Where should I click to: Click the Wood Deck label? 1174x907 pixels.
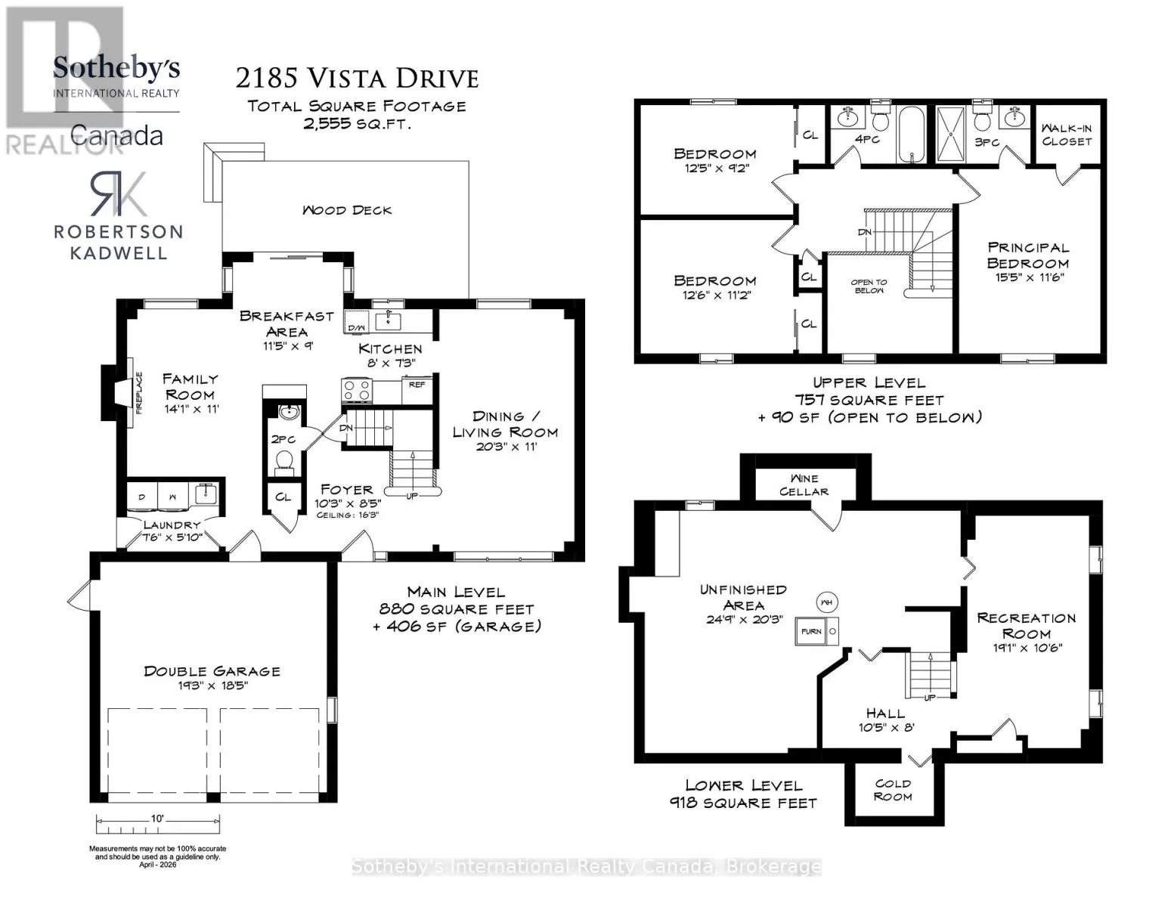[x=346, y=210]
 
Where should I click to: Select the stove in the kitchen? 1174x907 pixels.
[x=357, y=390]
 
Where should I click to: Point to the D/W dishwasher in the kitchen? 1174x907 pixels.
[x=356, y=322]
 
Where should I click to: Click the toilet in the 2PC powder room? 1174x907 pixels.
[x=284, y=463]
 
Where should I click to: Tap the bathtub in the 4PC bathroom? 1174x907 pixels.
[x=911, y=134]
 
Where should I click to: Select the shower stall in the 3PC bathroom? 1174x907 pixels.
[x=950, y=134]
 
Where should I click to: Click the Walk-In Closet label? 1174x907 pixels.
[x=1067, y=135]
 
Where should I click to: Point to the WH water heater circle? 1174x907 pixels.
[x=826, y=602]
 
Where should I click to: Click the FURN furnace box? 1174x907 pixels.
[x=811, y=631]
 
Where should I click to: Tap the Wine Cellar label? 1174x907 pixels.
[x=804, y=484]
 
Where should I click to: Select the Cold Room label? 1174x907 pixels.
[x=893, y=790]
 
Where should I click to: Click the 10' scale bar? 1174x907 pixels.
[x=158, y=825]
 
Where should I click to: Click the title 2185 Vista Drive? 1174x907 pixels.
[x=357, y=79]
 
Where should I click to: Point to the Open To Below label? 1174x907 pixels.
[x=869, y=286]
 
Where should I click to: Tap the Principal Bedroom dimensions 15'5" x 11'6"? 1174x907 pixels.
[x=1029, y=277]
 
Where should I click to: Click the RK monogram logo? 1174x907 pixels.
[x=119, y=193]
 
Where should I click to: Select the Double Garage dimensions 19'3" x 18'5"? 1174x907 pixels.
[x=212, y=685]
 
